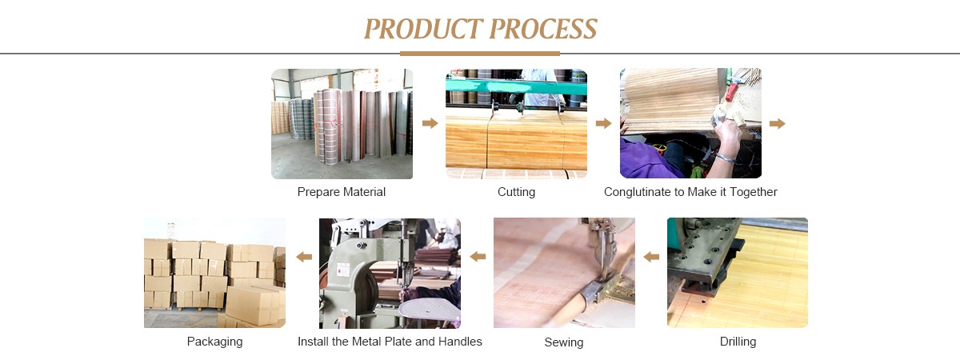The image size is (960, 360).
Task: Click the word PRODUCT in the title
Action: [422, 29]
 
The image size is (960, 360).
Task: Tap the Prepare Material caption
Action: [342, 192]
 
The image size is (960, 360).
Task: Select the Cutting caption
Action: [516, 192]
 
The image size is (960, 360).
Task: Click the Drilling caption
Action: [738, 342]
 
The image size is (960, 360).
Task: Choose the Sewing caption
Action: [564, 342]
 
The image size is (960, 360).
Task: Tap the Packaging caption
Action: [214, 342]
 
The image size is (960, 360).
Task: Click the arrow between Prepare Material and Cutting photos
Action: [430, 123]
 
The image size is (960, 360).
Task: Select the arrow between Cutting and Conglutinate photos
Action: [604, 123]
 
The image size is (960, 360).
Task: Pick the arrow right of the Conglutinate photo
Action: [777, 123]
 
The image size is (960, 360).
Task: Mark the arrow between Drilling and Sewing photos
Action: [651, 257]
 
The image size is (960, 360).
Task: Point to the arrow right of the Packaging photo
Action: [304, 257]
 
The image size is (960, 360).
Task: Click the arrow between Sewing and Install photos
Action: [478, 257]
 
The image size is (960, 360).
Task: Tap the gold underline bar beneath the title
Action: [480, 54]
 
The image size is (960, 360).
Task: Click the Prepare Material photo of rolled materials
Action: [342, 123]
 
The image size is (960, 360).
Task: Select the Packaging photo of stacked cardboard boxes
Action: [214, 273]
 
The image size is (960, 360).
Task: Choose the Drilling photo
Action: [738, 273]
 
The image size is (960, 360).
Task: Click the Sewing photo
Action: [564, 273]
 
